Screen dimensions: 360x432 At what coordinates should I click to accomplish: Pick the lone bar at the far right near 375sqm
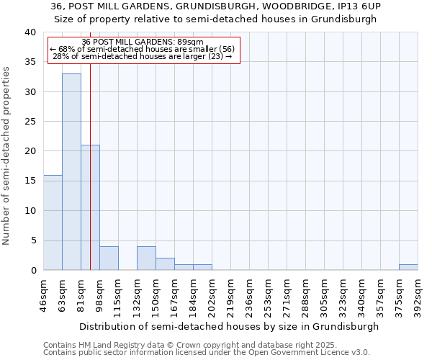(408, 267)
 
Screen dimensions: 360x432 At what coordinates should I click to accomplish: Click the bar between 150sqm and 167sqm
(165, 264)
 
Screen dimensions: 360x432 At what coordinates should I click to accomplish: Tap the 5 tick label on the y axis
(35, 240)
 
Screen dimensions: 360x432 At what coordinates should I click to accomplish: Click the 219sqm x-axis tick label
(230, 293)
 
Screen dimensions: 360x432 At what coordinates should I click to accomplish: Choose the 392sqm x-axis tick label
(418, 293)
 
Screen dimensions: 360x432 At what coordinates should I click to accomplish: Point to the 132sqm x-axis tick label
(137, 293)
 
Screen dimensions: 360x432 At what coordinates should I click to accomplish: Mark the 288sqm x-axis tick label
(305, 293)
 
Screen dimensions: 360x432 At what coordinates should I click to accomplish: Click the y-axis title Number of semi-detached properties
(7, 156)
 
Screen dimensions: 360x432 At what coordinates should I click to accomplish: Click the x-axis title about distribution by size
(229, 326)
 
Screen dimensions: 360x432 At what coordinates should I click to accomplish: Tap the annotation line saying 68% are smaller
(143, 48)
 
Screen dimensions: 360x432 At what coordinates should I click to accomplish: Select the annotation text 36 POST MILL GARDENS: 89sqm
(143, 41)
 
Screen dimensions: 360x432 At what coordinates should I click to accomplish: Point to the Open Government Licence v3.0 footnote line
(207, 352)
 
